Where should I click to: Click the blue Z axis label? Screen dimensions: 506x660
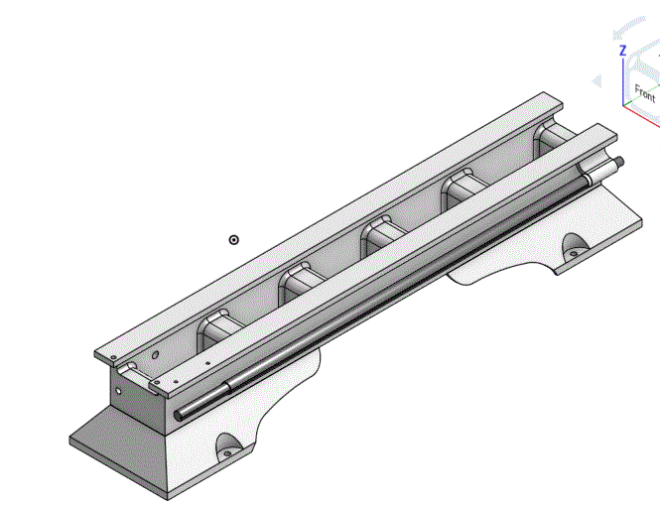622,51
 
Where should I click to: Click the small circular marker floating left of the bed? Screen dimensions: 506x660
234,239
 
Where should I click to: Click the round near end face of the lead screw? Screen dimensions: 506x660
182,414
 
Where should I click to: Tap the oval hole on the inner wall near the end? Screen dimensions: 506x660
155,353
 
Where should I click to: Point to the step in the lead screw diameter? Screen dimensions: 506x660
230,385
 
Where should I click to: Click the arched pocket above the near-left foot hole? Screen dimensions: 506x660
227,441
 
